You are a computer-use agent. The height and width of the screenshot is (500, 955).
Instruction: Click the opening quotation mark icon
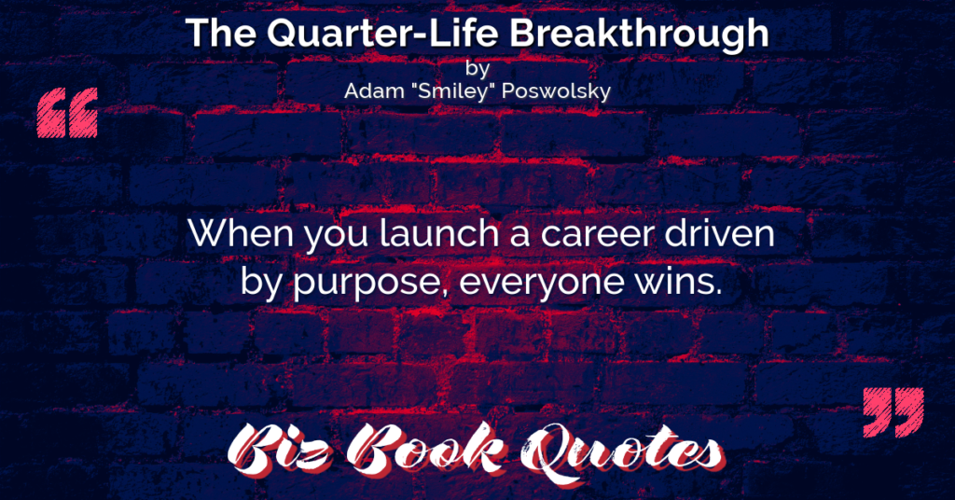(x=67, y=113)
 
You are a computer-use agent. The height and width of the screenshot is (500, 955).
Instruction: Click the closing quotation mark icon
(x=893, y=412)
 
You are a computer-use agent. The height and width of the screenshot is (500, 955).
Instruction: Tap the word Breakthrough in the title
(x=639, y=33)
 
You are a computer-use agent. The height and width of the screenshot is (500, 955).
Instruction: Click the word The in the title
(x=222, y=33)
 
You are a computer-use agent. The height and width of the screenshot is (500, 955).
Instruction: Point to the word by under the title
(x=477, y=68)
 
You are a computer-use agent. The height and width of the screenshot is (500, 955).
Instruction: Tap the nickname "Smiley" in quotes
(x=451, y=91)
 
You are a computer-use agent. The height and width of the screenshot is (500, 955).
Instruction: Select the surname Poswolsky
(x=554, y=91)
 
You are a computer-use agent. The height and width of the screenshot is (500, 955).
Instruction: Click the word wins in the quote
(x=679, y=281)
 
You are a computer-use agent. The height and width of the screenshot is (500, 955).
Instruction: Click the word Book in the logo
(x=426, y=450)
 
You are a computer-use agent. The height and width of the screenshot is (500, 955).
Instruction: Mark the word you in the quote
(x=337, y=236)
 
